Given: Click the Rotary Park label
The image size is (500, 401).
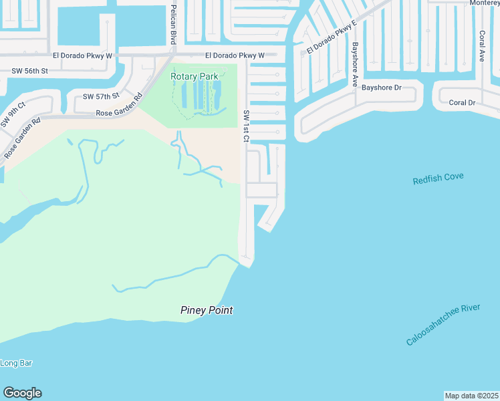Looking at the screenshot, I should coord(195,77).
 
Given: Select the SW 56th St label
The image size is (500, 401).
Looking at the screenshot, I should coord(30,70).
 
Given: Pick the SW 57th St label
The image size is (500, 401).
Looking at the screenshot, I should coord(101,97).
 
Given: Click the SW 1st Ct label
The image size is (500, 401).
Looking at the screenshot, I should coord(245,126).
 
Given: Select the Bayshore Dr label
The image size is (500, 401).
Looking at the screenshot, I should coord(381,88).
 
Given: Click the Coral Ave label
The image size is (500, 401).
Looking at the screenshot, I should coord(481,45).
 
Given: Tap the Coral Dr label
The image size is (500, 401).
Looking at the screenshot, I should coord(462,103).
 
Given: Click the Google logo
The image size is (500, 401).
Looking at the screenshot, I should coord(23,393).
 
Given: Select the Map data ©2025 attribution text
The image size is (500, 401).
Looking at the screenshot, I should coord(471,396).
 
